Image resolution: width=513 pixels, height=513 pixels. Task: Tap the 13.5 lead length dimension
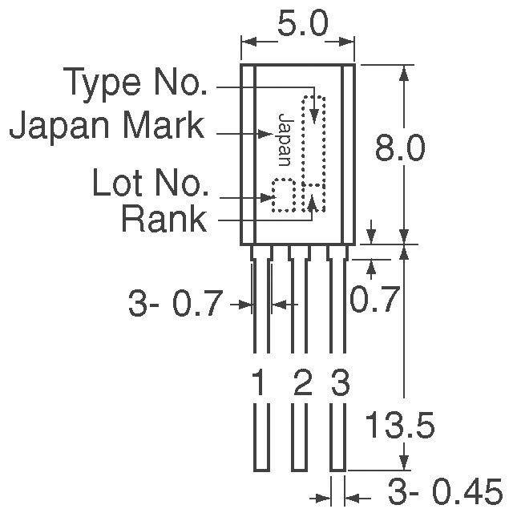pyautogui.click(x=400, y=426)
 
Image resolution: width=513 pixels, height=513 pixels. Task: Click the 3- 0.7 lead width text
pyautogui.click(x=174, y=305)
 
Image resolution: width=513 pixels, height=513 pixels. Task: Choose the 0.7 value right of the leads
pyautogui.click(x=374, y=300)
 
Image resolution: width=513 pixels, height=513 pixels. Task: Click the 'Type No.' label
pyautogui.click(x=137, y=83)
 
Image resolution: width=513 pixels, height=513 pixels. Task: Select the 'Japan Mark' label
pyautogui.click(x=106, y=127)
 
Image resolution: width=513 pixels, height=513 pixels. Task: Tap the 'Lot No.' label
pyautogui.click(x=150, y=184)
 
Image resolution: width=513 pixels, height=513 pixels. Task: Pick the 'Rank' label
pyautogui.click(x=164, y=218)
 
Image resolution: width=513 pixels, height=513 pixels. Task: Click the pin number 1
pyautogui.click(x=258, y=385)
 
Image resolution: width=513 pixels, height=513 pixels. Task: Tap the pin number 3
pyautogui.click(x=340, y=385)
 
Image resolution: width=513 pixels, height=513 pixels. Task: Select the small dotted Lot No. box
pyautogui.click(x=282, y=196)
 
